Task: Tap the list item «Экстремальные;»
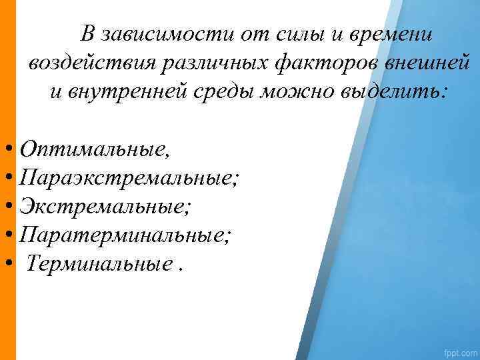tap(105, 207)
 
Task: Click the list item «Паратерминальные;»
tap(127, 235)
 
